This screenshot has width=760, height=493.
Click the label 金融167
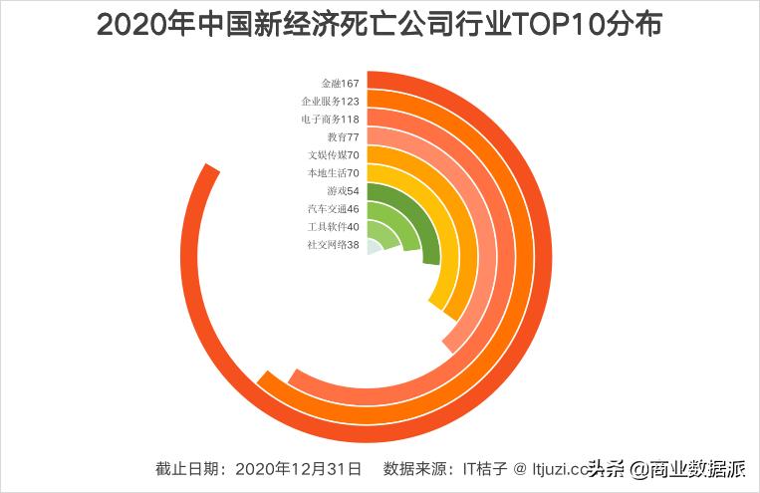coord(339,83)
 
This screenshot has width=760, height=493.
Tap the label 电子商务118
coord(330,119)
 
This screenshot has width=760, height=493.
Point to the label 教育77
coord(343,136)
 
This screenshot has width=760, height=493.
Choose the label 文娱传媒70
coord(334,154)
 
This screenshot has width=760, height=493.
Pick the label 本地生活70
coord(334,172)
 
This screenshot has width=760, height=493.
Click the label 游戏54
coord(343,190)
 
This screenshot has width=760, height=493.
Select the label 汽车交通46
coord(334,208)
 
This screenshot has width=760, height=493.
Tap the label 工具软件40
coord(334,226)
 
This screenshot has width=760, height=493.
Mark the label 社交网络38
coord(334,244)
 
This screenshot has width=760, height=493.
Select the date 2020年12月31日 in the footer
coord(301,468)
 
